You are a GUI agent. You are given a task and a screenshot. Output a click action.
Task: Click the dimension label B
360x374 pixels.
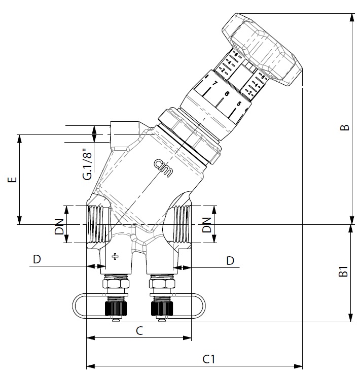[x=344, y=127]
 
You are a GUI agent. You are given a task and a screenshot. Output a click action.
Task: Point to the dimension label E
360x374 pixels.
[x=14, y=180]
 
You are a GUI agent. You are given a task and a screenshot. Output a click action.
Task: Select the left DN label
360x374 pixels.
[x=59, y=224]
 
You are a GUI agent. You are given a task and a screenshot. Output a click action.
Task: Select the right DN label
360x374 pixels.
[x=206, y=224]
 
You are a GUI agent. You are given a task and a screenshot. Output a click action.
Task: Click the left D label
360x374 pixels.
[x=37, y=259]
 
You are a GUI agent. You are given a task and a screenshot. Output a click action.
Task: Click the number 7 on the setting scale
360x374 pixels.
[x=215, y=83]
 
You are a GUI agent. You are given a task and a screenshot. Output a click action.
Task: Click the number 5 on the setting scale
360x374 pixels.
[x=238, y=105]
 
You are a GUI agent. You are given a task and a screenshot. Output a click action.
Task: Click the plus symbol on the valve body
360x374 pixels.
[x=115, y=256]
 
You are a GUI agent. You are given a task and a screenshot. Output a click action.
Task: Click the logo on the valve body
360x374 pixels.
[x=163, y=166]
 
